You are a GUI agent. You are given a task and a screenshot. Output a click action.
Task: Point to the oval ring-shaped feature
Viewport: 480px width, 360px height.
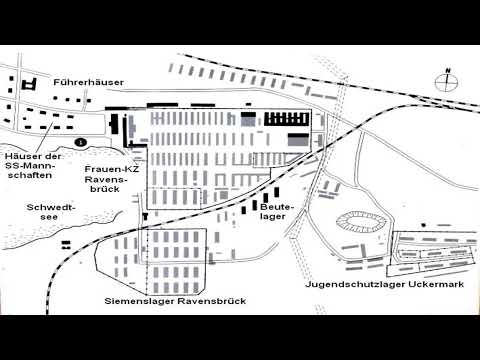(360, 219)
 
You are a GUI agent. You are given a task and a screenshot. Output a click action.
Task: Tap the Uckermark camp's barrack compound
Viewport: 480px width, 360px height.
(431, 250)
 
